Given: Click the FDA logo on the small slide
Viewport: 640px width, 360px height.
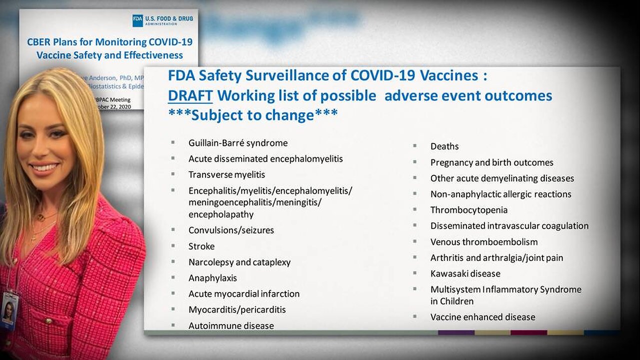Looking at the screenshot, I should click(138, 20).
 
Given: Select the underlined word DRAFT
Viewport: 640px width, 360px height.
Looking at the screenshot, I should click(190, 95).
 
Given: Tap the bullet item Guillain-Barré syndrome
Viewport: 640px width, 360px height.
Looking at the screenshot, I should click(237, 143).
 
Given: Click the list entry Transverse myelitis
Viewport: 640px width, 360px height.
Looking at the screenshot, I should click(226, 174).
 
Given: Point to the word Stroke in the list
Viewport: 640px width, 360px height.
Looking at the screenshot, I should click(201, 246).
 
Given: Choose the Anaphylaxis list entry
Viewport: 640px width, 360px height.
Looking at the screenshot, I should click(212, 278).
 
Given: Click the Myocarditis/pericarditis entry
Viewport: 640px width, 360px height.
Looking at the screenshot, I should click(237, 309).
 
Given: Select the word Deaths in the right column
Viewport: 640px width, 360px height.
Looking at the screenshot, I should click(444, 146).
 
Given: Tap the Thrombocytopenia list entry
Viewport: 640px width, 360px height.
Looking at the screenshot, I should click(468, 210).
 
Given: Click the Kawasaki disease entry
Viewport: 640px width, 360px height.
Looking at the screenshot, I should click(465, 273).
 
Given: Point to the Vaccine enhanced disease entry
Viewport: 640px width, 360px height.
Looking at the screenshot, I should click(482, 317).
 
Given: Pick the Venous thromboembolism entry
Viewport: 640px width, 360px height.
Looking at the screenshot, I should click(484, 242).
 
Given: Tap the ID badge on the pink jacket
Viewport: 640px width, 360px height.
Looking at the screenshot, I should click(9, 310).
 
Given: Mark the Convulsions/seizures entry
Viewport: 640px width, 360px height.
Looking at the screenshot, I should click(231, 230).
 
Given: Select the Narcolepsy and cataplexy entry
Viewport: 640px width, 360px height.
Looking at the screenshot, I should click(239, 262).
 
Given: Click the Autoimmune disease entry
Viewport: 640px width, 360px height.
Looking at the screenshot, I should click(231, 325).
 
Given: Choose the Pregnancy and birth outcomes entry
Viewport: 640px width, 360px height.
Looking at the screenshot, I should click(491, 162).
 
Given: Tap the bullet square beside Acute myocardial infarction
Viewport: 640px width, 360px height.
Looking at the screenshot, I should click(173, 293).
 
